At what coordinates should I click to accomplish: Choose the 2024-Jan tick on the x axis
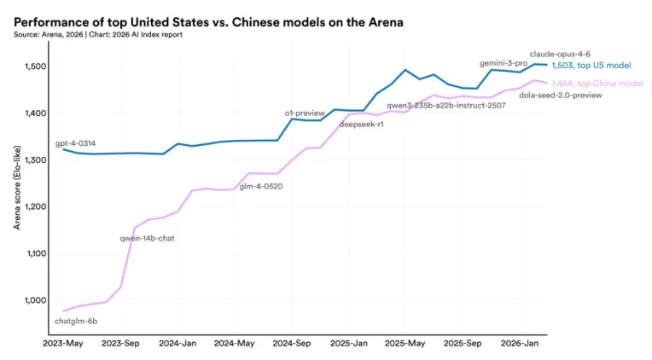(178, 344)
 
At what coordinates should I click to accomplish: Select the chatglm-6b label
(76, 322)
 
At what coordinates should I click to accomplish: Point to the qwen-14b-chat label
(147, 238)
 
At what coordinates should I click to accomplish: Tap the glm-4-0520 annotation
(260, 186)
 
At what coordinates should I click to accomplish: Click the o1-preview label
(305, 113)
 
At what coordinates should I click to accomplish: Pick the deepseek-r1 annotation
(361, 125)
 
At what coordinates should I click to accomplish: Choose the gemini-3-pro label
(504, 63)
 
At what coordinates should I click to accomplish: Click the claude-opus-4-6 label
(560, 54)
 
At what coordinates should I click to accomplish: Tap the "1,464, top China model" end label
(595, 83)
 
